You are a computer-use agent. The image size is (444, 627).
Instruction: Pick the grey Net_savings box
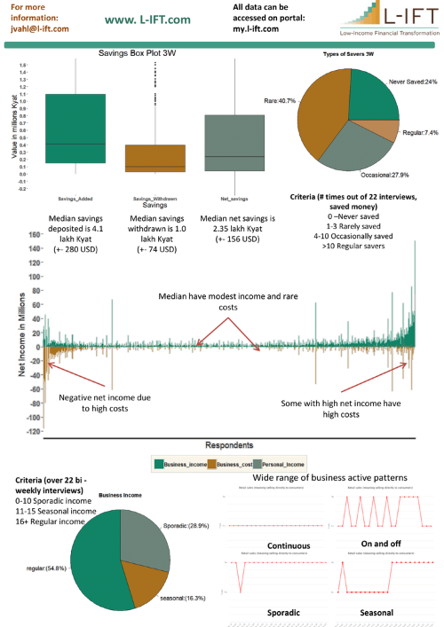pos(234,143)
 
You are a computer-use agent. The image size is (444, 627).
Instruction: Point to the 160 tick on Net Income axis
pos(36,235)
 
